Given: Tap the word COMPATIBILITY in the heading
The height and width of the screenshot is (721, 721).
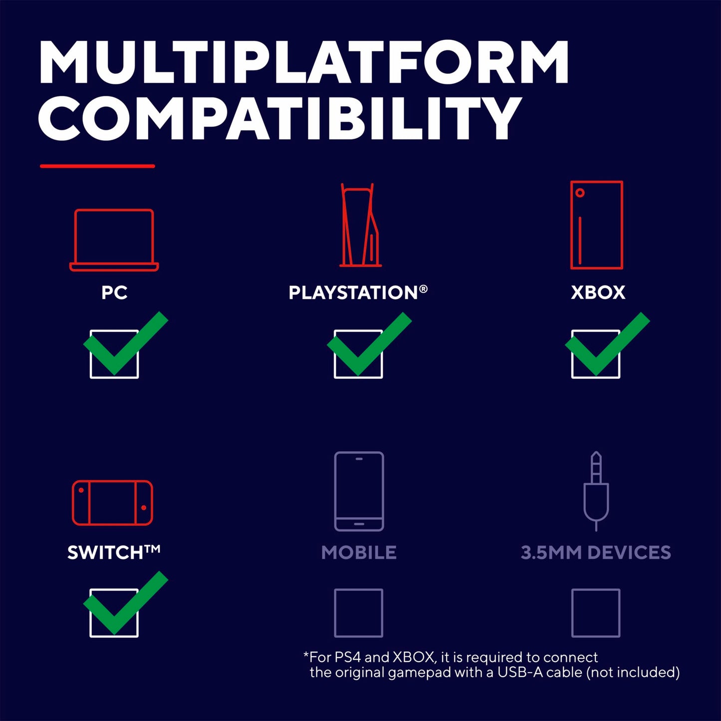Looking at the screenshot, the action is [x=279, y=118].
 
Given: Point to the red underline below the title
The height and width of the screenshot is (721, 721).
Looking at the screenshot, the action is [x=97, y=166].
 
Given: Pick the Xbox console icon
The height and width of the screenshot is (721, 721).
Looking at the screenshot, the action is [x=571, y=225].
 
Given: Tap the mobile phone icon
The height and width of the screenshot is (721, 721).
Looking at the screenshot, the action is [x=335, y=491].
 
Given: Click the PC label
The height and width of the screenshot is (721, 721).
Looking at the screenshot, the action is [x=114, y=292].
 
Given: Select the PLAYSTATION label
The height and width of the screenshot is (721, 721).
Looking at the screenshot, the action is [x=358, y=292].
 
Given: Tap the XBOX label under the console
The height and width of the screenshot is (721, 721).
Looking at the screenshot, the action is [x=598, y=292].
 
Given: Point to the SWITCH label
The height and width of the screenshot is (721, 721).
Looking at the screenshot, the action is [x=114, y=552].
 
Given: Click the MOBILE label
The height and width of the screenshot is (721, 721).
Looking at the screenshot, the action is [x=359, y=553].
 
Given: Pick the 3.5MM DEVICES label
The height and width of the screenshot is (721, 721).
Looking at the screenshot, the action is [x=596, y=553].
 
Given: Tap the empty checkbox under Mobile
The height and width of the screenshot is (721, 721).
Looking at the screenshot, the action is [x=335, y=613].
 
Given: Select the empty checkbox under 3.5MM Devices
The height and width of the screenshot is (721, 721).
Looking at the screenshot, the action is [x=572, y=613].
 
